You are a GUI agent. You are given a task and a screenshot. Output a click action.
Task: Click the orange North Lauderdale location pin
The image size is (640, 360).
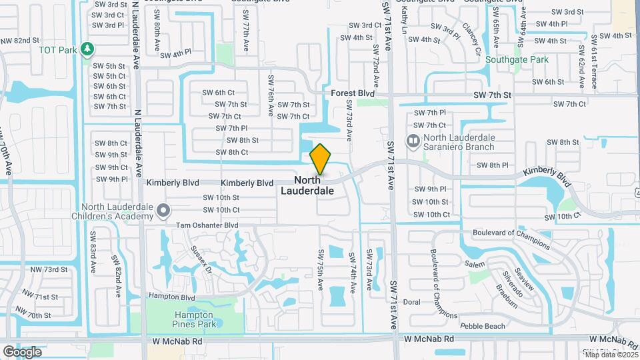(320, 159)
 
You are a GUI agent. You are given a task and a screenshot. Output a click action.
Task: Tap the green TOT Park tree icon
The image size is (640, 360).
(86, 49)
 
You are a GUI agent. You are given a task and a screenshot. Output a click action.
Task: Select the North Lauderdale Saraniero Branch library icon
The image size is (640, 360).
(413, 141)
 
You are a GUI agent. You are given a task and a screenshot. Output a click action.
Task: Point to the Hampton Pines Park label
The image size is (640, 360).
(193, 319)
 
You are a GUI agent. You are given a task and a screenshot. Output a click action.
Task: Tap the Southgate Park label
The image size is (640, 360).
(517, 59)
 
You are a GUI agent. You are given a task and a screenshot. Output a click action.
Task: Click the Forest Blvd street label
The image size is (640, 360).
(353, 94)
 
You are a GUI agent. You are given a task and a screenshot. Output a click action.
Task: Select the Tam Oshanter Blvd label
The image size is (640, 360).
(207, 225)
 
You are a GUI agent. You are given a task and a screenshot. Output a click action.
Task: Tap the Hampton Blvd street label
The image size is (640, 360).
(171, 297)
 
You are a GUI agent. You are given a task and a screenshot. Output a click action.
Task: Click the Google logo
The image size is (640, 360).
(22, 352)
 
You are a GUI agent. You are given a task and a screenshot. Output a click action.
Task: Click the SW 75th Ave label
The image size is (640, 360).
(321, 269)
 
